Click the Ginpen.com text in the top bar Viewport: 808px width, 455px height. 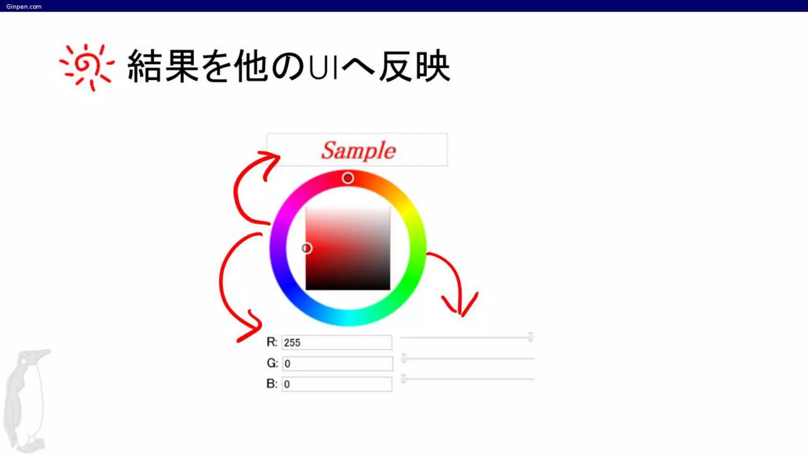(x=24, y=6)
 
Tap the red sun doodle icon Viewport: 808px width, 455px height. (x=86, y=66)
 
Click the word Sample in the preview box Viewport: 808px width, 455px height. (x=358, y=150)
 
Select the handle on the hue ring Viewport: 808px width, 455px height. (x=348, y=178)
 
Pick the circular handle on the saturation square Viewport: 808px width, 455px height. (x=307, y=248)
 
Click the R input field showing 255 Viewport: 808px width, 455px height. (x=337, y=342)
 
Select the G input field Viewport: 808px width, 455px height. (x=338, y=363)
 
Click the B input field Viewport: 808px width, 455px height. (x=337, y=384)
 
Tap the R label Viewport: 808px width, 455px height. (x=272, y=342)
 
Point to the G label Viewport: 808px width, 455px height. (x=272, y=363)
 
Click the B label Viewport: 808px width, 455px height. (x=272, y=384)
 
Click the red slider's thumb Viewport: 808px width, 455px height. (x=531, y=337)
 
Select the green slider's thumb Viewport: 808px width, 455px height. (x=404, y=358)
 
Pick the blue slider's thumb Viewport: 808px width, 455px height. (x=403, y=379)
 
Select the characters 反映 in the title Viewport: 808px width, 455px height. (x=414, y=66)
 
